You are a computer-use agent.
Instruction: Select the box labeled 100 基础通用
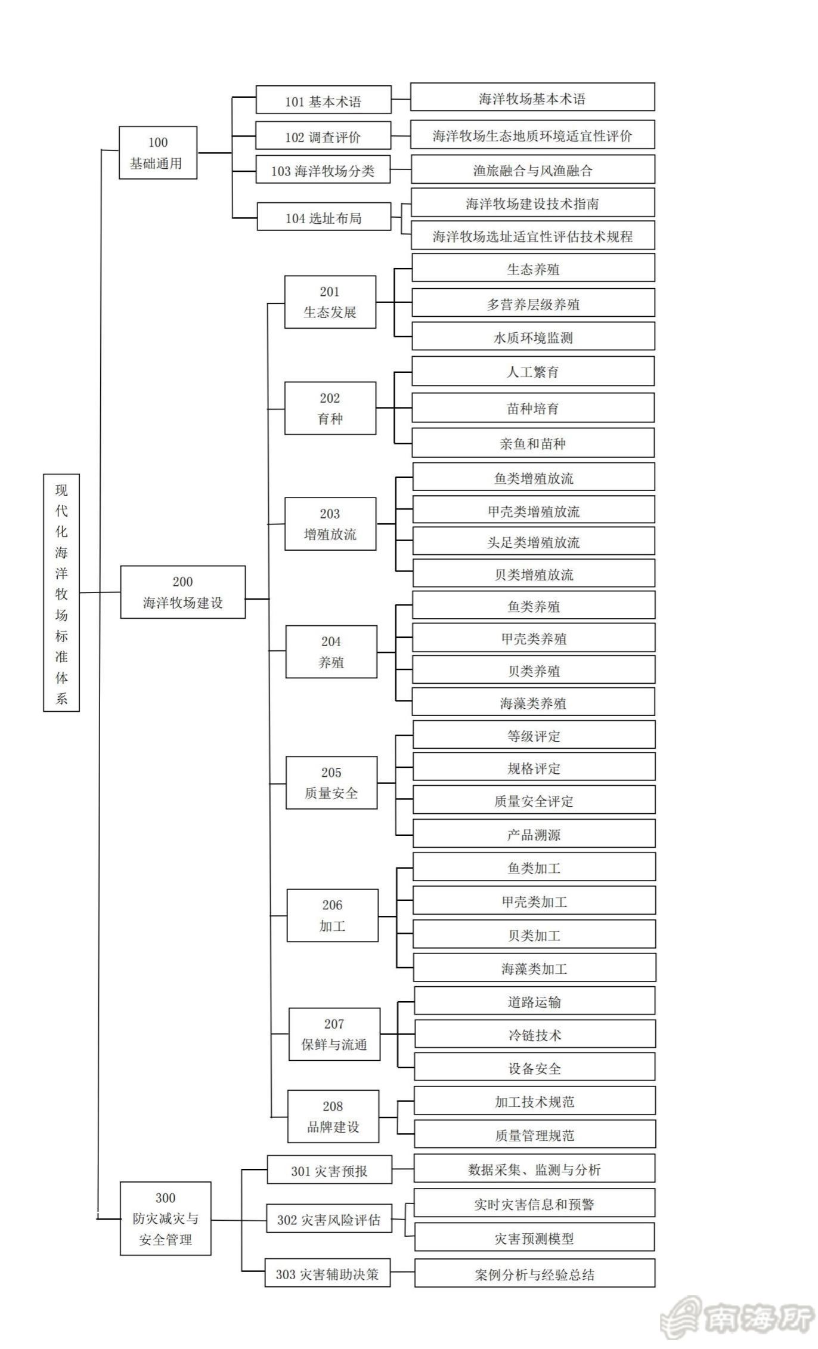click(158, 153)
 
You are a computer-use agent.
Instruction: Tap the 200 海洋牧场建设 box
click(183, 592)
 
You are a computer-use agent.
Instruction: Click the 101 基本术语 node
click(324, 100)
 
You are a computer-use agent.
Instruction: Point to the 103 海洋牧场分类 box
click(323, 170)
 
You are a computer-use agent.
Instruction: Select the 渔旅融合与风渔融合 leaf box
click(533, 170)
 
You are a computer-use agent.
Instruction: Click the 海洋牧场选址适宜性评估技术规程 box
click(533, 236)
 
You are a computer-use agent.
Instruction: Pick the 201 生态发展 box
click(330, 302)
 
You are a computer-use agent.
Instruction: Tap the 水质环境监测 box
click(533, 337)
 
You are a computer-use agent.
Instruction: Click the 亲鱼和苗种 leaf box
click(533, 443)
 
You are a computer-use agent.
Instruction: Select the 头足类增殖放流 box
click(534, 542)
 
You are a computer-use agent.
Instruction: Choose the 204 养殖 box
click(331, 652)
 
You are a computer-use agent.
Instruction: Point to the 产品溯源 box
click(534, 834)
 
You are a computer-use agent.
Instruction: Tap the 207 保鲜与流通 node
click(334, 1034)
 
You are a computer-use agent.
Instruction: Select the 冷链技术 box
click(535, 1035)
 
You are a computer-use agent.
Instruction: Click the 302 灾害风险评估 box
click(329, 1220)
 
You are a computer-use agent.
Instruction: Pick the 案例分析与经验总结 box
click(535, 1274)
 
